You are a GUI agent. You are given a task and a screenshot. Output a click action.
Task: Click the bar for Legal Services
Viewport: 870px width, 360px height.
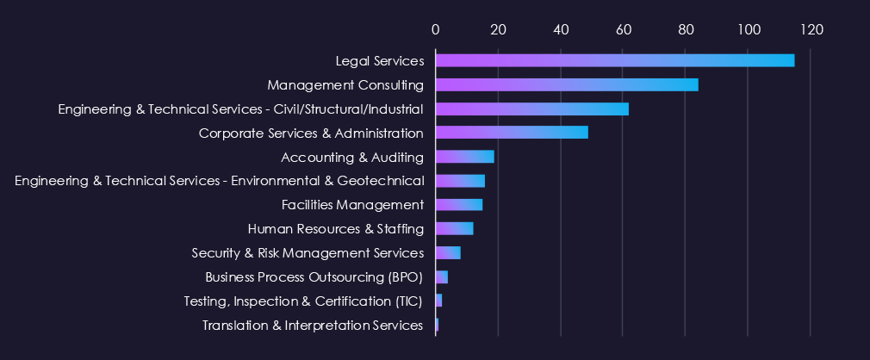click(x=615, y=60)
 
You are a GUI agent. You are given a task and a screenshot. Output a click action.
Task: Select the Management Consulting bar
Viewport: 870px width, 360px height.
click(x=567, y=84)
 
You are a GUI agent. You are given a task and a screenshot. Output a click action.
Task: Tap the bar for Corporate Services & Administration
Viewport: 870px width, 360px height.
click(x=512, y=133)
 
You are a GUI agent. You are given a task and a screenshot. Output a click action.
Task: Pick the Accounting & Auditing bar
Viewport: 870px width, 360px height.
click(x=465, y=157)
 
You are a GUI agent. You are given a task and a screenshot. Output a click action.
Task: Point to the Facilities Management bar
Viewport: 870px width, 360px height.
click(x=459, y=204)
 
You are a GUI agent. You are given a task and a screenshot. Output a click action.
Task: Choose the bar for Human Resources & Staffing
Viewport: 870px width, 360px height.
click(x=455, y=228)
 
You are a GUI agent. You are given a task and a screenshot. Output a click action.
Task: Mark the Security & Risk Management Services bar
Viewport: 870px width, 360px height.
click(x=449, y=252)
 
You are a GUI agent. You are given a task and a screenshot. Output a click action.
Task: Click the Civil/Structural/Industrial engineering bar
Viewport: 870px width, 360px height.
click(x=532, y=109)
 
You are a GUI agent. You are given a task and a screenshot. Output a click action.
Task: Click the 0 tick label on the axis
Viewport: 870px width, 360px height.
click(x=436, y=29)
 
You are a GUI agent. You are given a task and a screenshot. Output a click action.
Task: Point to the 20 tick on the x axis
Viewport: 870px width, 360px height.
click(x=498, y=29)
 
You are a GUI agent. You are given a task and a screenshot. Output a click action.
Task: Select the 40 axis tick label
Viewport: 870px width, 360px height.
click(x=561, y=29)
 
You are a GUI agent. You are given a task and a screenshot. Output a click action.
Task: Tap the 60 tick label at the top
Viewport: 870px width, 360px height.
click(x=624, y=29)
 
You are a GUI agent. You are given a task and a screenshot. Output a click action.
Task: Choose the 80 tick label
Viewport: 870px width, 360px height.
click(x=686, y=29)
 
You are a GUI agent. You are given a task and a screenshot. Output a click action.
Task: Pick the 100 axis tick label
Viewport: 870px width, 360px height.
click(x=749, y=29)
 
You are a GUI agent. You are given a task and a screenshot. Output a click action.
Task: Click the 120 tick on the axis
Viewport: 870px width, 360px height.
click(x=811, y=29)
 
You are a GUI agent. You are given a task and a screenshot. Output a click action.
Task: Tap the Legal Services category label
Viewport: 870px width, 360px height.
click(x=380, y=61)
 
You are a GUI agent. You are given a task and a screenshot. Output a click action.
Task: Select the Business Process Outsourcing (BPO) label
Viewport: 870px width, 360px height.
click(x=314, y=277)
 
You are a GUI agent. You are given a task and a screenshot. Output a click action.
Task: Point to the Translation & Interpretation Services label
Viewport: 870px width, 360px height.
click(x=313, y=326)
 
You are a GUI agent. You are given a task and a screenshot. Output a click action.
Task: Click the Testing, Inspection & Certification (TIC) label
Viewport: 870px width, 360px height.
click(x=304, y=301)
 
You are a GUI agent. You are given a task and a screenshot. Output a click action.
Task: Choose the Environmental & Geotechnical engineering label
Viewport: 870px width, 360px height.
click(x=220, y=181)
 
